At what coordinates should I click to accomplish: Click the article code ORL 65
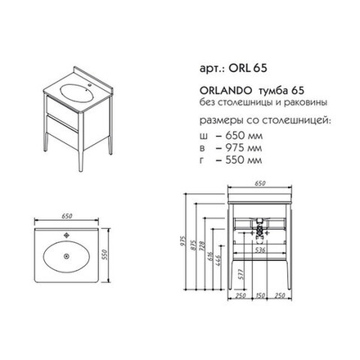click(248, 68)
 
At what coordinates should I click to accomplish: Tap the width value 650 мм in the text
click(244, 136)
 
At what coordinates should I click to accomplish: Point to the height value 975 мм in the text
click(244, 148)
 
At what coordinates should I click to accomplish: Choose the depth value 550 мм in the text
click(244, 160)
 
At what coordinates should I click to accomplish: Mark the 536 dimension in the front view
click(260, 250)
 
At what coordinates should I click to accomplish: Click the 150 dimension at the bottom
click(260, 295)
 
